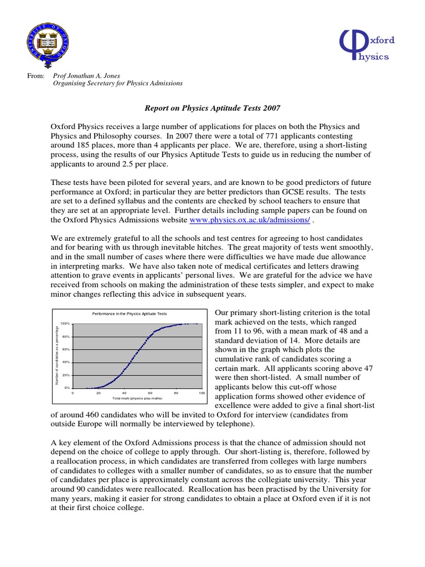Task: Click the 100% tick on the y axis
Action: pos(65,323)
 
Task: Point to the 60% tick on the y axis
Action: pos(66,349)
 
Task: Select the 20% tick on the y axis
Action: pos(66,375)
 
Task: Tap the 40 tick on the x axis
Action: pos(125,393)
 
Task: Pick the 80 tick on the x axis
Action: pos(176,393)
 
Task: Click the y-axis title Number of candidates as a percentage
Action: pos(56,355)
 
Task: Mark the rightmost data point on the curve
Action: pos(196,323)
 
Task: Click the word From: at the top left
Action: pos(35,75)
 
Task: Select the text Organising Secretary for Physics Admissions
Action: pos(117,84)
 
